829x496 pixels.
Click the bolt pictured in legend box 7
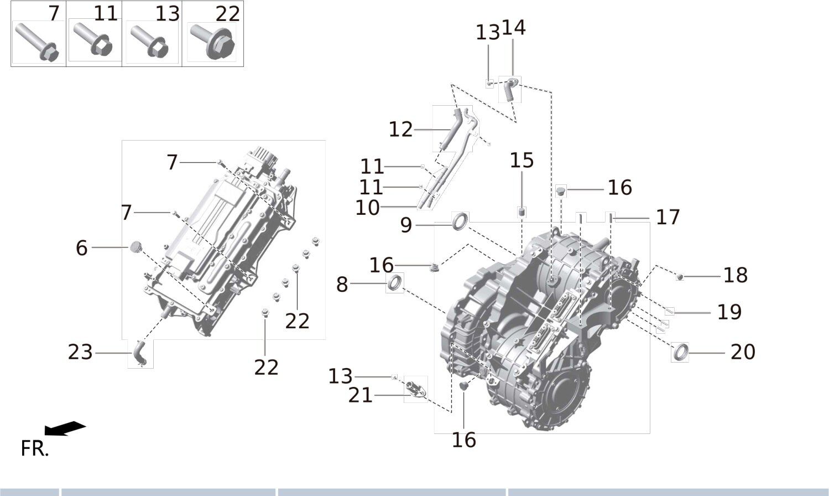[37, 42]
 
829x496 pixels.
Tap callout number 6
[81, 248]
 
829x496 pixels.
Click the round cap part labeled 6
[135, 247]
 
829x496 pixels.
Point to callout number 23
[80, 352]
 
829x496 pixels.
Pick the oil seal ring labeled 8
[395, 283]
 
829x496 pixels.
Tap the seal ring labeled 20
[680, 352]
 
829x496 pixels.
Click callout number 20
[743, 352]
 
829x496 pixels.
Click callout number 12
[401, 130]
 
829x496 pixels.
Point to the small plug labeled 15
[521, 212]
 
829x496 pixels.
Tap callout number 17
[668, 218]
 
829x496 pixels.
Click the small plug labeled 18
[680, 276]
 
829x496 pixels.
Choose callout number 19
[729, 312]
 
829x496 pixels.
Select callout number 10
[368, 208]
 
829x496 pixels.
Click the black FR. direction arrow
[65, 428]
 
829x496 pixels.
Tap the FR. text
[34, 448]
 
